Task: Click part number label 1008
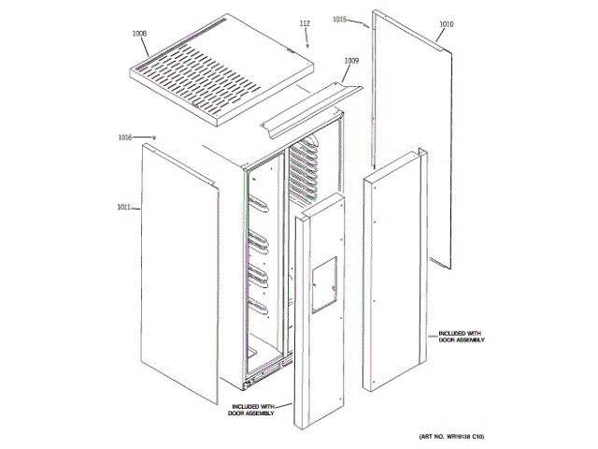(139, 33)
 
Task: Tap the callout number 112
(305, 22)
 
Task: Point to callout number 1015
(339, 19)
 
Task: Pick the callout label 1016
(125, 138)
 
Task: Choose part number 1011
(124, 207)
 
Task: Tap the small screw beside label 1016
(154, 138)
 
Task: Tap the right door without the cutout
(392, 271)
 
